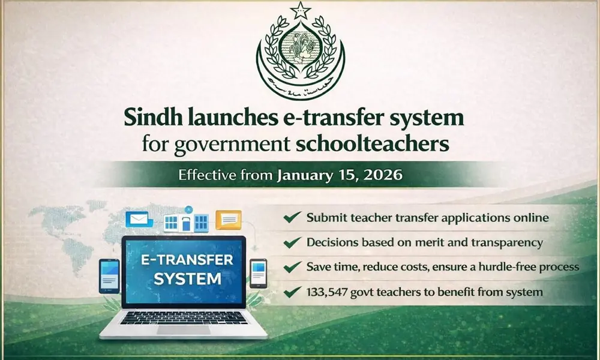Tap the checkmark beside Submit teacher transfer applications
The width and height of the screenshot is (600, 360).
click(292, 218)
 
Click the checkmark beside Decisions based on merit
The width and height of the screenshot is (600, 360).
click(292, 243)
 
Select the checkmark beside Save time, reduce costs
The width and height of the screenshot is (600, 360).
click(292, 268)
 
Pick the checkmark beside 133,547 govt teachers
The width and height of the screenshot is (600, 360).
click(292, 293)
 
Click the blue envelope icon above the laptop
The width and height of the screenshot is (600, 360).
click(136, 220)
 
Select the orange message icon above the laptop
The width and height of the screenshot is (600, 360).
click(228, 220)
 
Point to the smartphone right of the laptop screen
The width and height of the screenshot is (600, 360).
click(258, 274)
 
